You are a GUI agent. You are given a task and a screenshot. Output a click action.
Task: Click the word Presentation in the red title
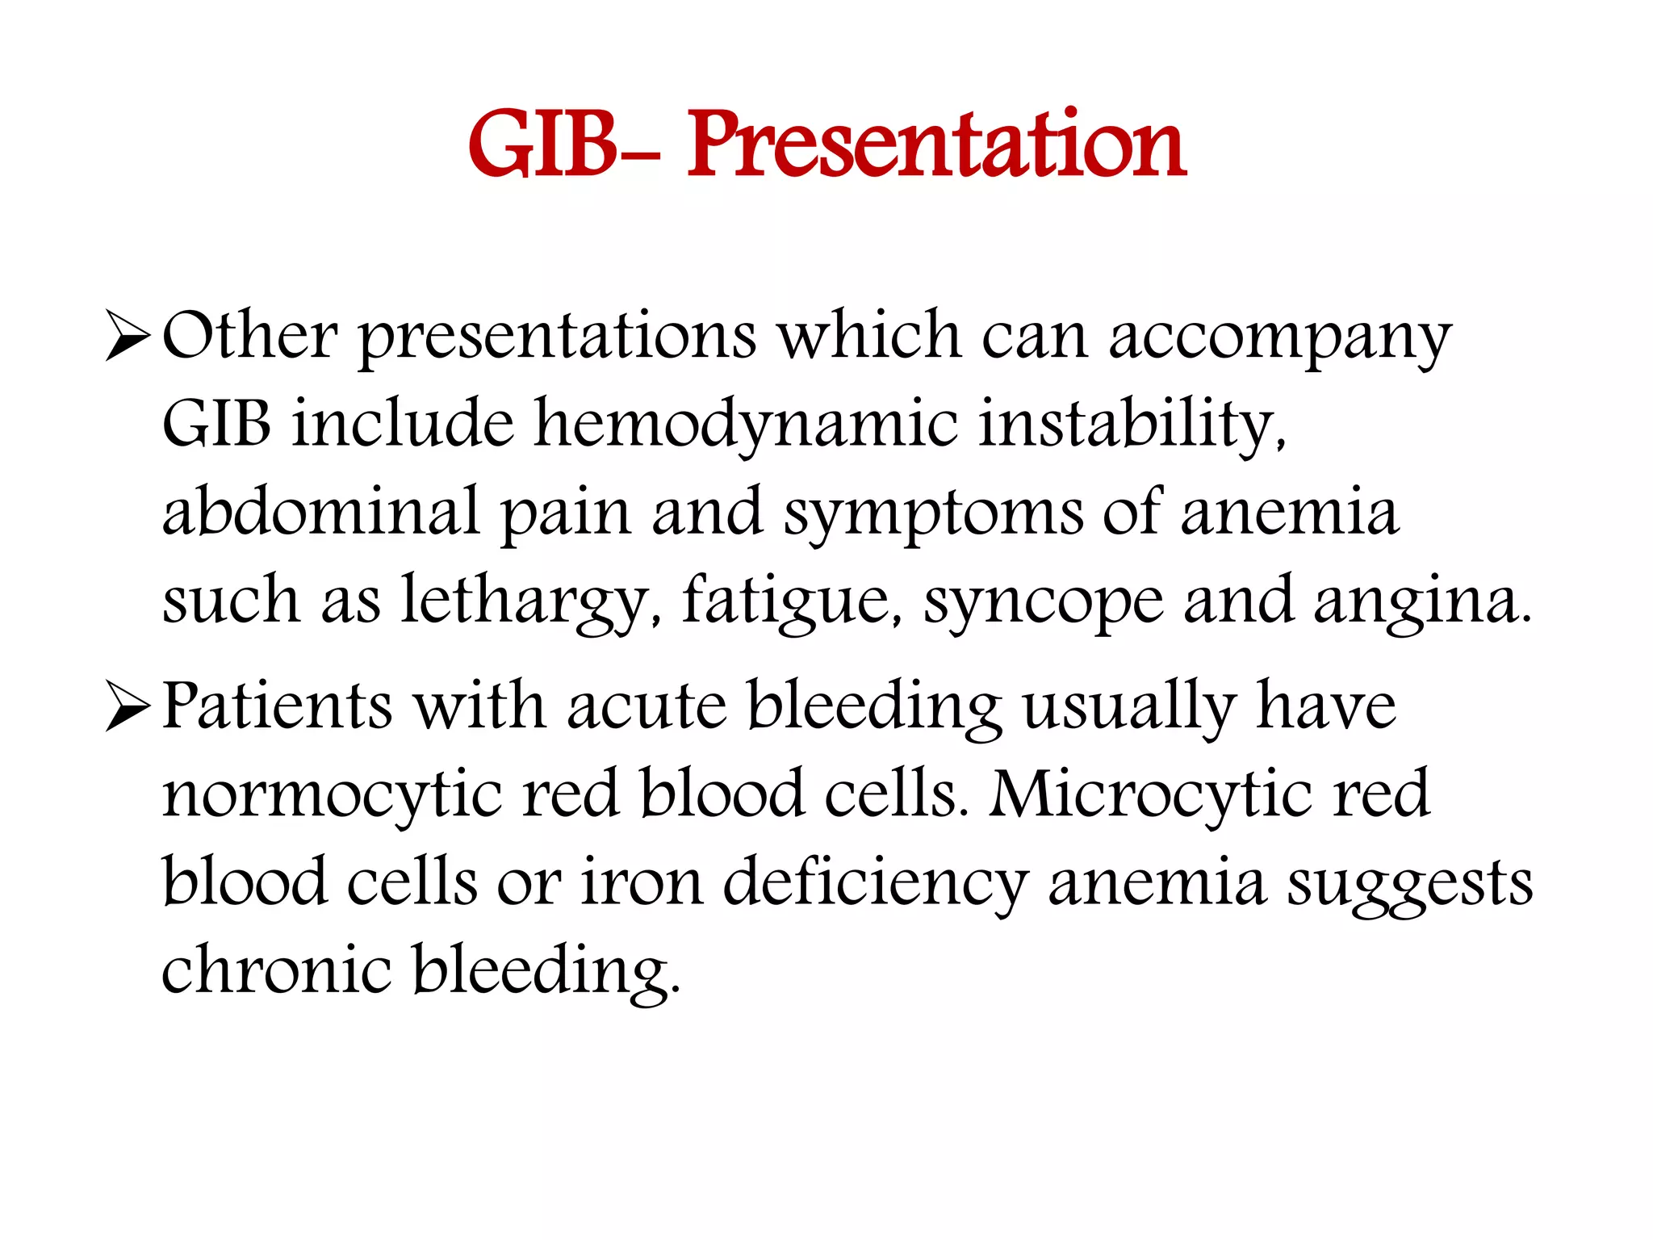coord(936,145)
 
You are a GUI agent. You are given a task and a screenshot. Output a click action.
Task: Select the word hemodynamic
coord(747,426)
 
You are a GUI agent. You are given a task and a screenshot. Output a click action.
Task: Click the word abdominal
coord(321,512)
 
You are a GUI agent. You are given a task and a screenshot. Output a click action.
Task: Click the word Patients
coord(277,706)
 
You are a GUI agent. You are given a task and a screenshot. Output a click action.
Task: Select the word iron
coord(642,882)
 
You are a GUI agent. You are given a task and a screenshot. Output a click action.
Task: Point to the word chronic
coord(277,969)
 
